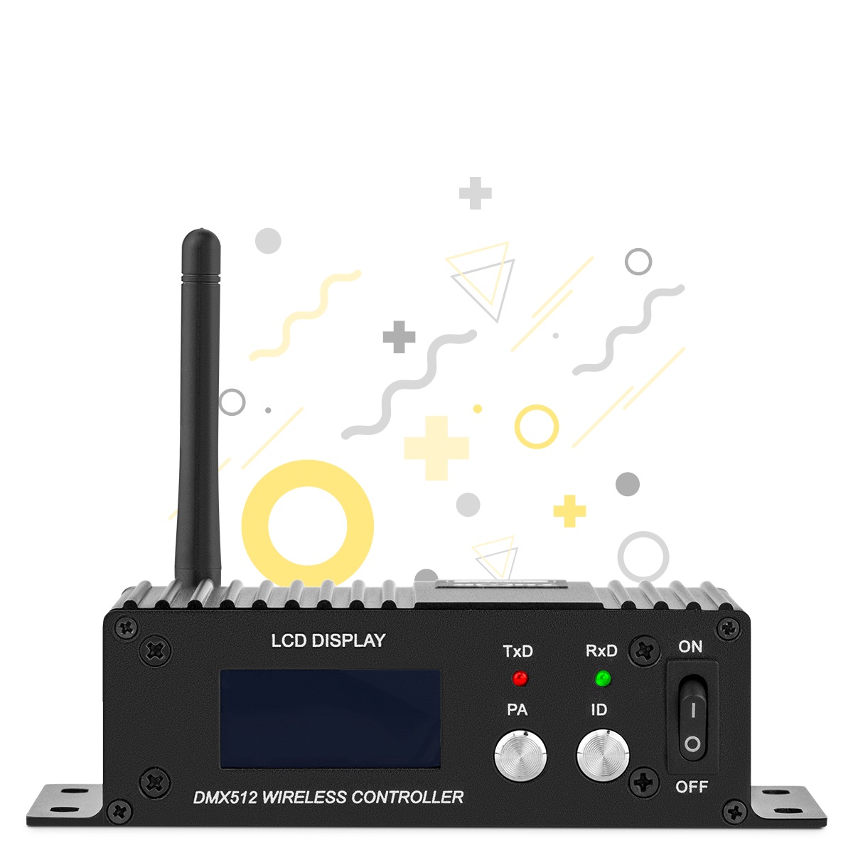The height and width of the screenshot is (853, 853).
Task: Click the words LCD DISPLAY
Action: [x=328, y=640]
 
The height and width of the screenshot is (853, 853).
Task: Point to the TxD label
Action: [x=518, y=651]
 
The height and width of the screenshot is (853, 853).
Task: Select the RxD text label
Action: [x=601, y=650]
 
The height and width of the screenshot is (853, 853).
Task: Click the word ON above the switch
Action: [x=690, y=647]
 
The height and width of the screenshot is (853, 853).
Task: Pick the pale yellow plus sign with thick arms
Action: [x=436, y=448]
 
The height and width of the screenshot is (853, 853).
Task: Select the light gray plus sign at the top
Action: [x=476, y=193]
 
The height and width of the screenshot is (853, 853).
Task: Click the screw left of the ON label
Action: [x=645, y=651]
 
